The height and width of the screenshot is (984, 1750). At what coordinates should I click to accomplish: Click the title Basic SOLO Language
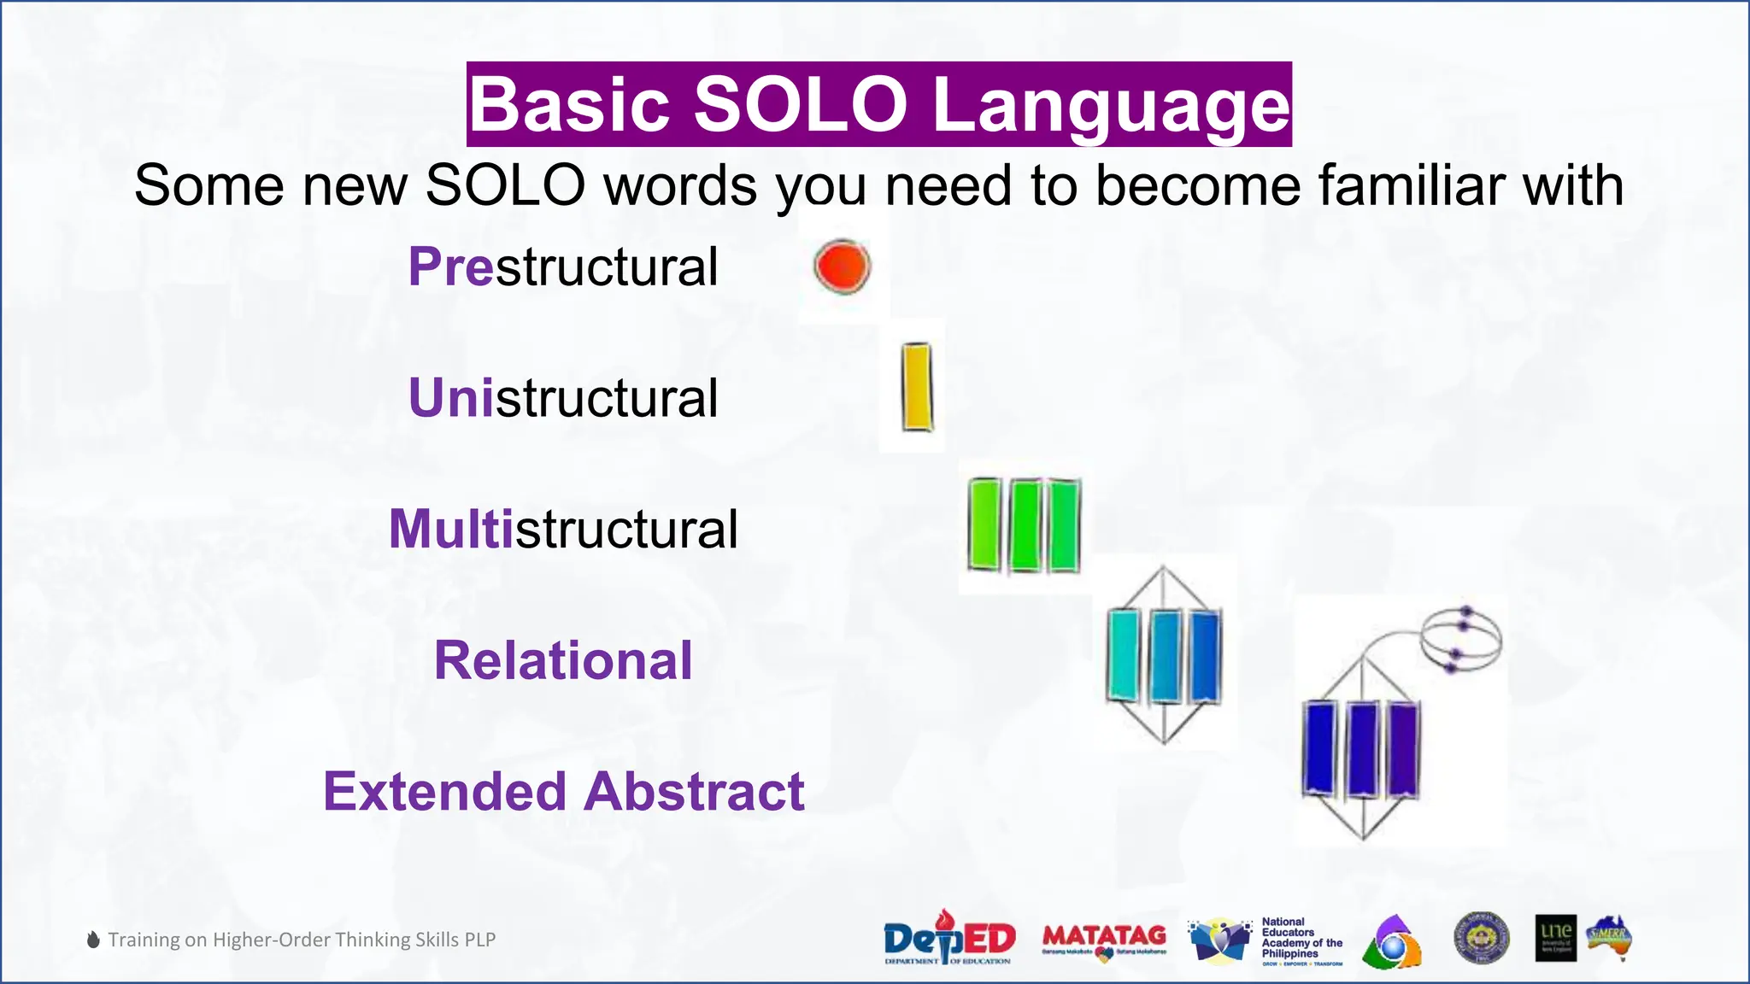pos(878,104)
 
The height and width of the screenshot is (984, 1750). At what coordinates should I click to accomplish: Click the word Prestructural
pos(563,266)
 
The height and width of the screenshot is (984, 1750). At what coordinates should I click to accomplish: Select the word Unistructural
pos(563,398)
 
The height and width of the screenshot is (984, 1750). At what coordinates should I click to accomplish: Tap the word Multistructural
pos(563,529)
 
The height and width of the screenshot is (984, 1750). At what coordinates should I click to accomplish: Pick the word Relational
pos(563,660)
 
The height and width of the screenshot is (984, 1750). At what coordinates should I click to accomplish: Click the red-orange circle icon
pos(842,266)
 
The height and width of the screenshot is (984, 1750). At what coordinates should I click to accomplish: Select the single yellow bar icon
pos(916,387)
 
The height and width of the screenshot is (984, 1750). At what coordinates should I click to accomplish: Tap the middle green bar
pos(1025,525)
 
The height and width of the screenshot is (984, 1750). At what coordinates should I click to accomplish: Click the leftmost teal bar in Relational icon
pos(1124,655)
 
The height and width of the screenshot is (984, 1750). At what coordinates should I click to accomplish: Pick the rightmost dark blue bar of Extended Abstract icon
pos(1402,748)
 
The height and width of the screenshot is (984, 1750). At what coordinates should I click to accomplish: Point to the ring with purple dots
pos(1461,638)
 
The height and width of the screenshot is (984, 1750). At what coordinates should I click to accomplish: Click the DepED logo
pos(948,939)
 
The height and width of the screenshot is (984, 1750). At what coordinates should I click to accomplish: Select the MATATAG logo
pos(1104,939)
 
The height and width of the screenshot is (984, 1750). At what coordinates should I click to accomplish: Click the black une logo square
pos(1555,938)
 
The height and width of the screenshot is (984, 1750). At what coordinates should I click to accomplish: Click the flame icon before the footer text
pos(93,940)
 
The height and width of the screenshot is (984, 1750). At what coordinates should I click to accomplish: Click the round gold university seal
pos(1481,938)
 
